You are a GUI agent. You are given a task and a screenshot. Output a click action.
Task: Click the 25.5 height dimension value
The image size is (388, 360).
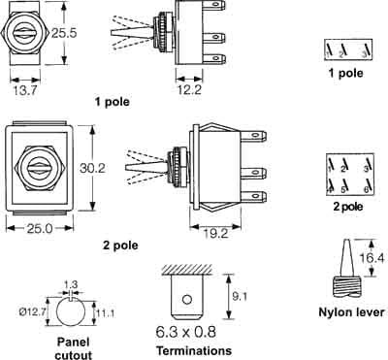[64, 33]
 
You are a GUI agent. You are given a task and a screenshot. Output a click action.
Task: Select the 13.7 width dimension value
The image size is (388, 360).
[25, 90]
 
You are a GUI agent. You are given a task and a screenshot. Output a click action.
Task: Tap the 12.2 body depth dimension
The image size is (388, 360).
[189, 89]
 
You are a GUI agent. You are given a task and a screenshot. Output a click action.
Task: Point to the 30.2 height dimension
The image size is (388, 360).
[92, 168]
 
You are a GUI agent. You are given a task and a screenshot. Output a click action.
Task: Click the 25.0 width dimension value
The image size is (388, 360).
[40, 229]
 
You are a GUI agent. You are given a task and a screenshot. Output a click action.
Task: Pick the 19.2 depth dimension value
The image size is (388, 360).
[215, 233]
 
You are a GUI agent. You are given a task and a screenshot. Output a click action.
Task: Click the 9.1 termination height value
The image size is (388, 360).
[240, 296]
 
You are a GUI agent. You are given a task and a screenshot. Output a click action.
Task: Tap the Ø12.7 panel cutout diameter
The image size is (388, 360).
[32, 312]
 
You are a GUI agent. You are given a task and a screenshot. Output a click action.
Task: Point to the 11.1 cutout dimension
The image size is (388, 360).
[105, 312]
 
